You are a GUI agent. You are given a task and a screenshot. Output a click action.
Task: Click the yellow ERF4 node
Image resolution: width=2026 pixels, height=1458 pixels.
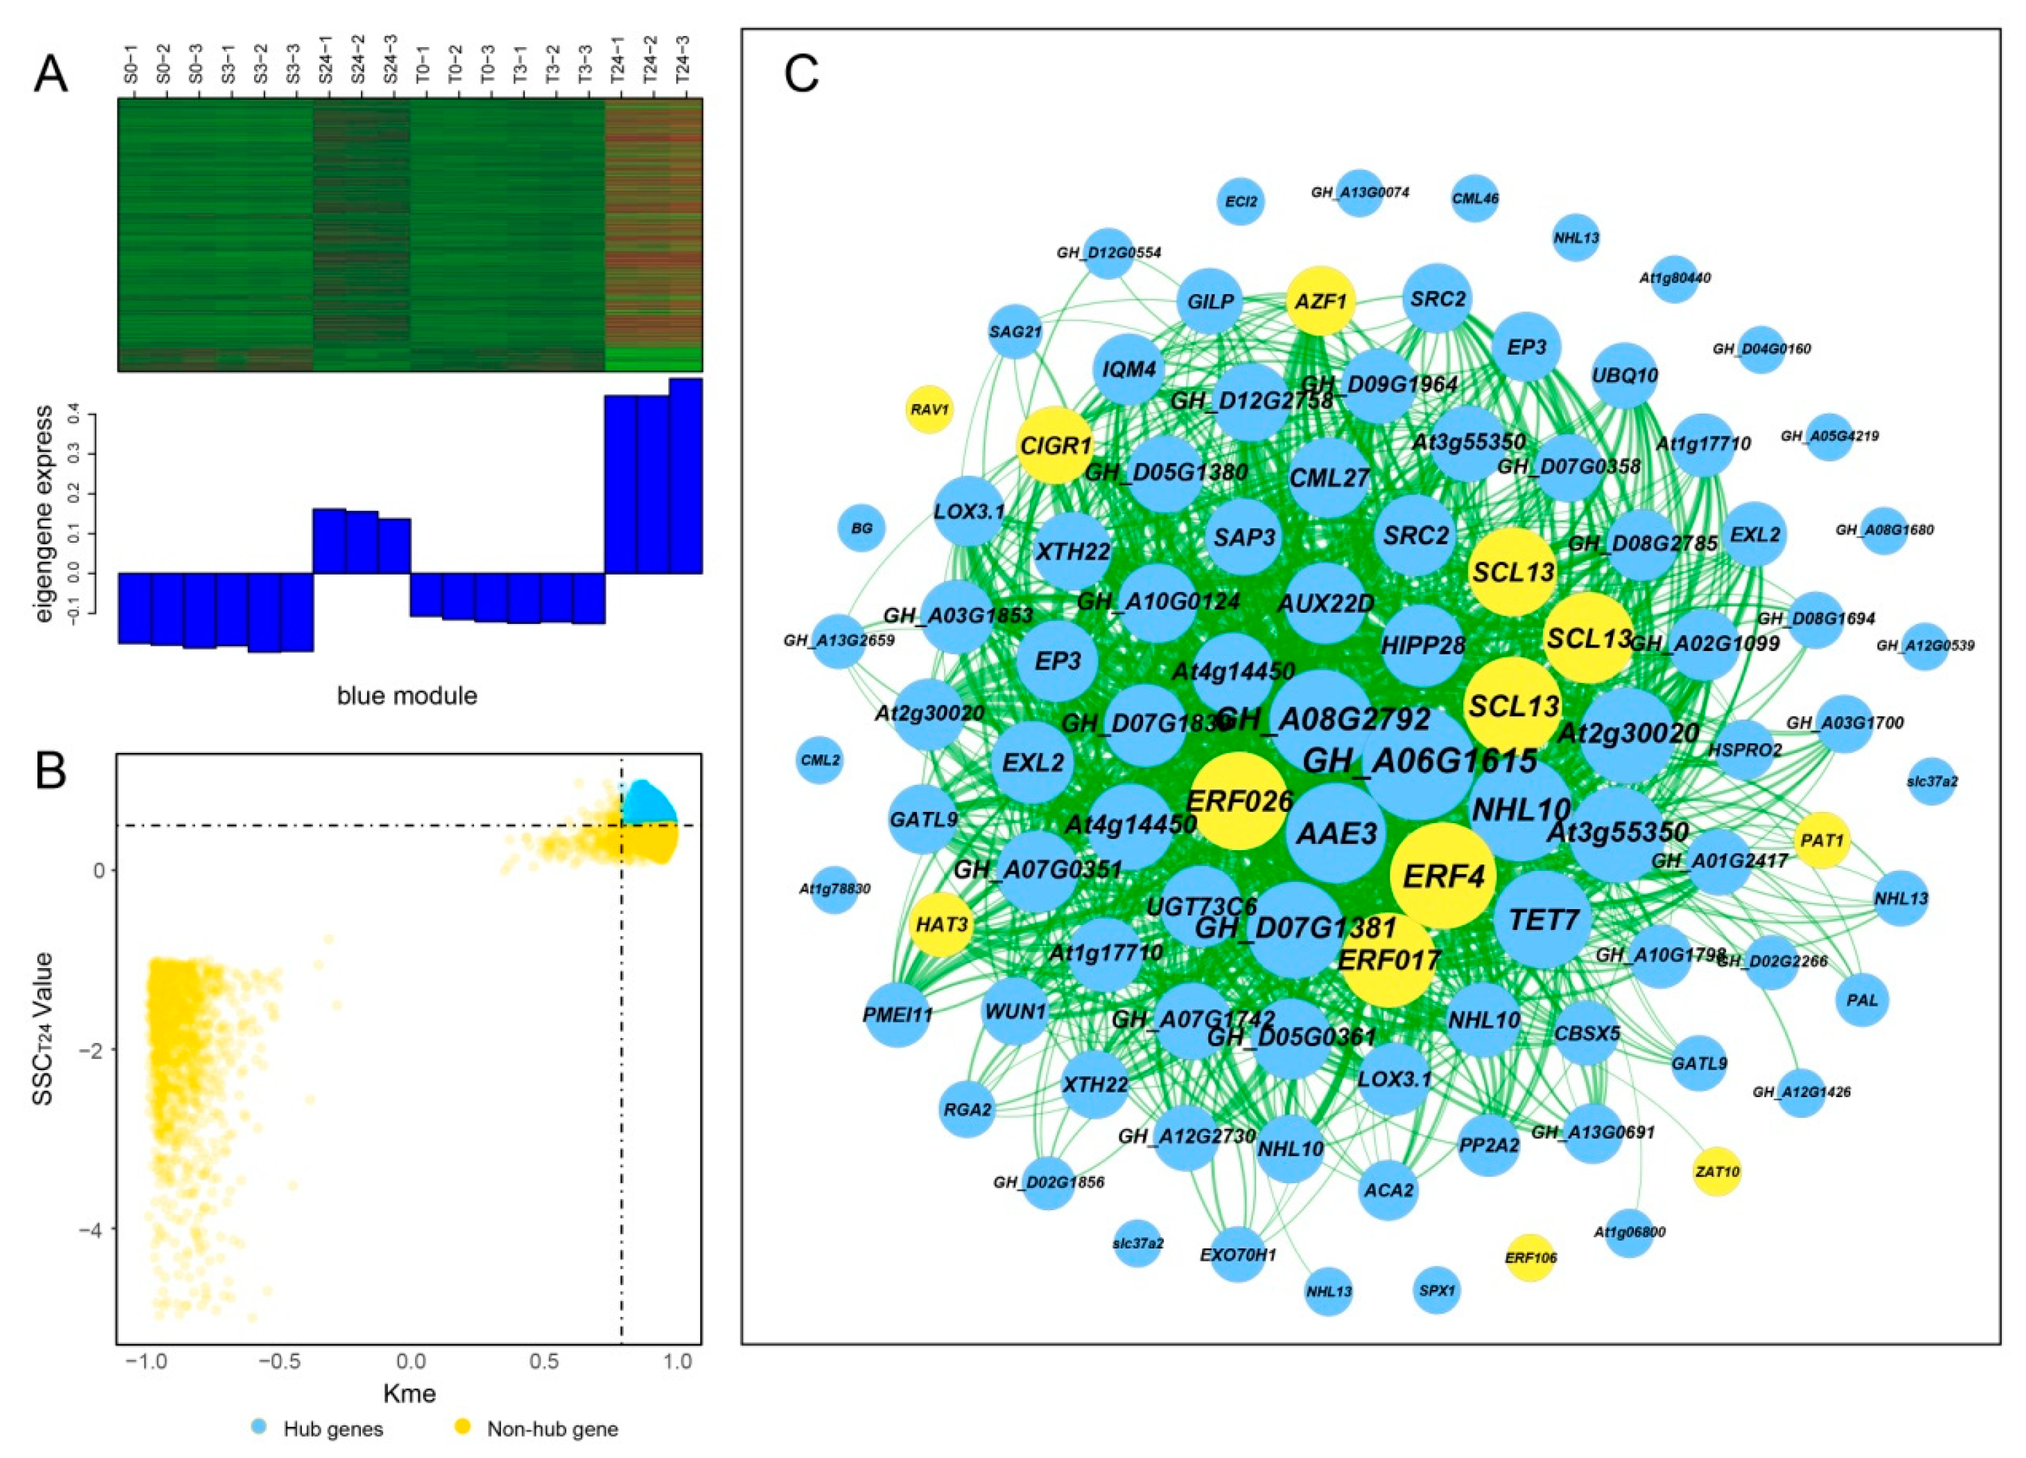tap(1444, 876)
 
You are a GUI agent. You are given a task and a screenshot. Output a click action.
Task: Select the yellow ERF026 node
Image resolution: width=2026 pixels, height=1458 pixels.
tap(1239, 800)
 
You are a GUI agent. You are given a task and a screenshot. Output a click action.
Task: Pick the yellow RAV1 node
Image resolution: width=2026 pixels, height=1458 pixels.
tap(930, 410)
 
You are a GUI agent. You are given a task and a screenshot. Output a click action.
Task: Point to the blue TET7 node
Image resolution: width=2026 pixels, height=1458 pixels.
tap(1544, 919)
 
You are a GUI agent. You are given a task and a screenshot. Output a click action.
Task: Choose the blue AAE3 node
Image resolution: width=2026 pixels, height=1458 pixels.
tap(1336, 833)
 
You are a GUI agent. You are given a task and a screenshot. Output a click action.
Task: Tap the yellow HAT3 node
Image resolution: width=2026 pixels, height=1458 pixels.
tap(943, 924)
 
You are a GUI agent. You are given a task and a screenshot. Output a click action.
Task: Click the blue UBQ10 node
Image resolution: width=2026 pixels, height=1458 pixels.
tap(1625, 376)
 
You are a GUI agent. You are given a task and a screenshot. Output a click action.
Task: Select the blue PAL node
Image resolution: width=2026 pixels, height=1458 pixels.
tap(1862, 1000)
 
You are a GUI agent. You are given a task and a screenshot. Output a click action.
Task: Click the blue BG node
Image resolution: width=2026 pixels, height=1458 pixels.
tap(861, 529)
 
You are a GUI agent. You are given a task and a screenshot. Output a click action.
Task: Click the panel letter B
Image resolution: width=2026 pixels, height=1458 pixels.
tap(51, 771)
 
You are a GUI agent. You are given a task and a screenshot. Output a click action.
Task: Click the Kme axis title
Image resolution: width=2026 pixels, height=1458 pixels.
tap(409, 1393)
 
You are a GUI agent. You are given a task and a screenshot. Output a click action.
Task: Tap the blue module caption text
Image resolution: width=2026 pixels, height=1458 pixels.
tap(407, 695)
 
